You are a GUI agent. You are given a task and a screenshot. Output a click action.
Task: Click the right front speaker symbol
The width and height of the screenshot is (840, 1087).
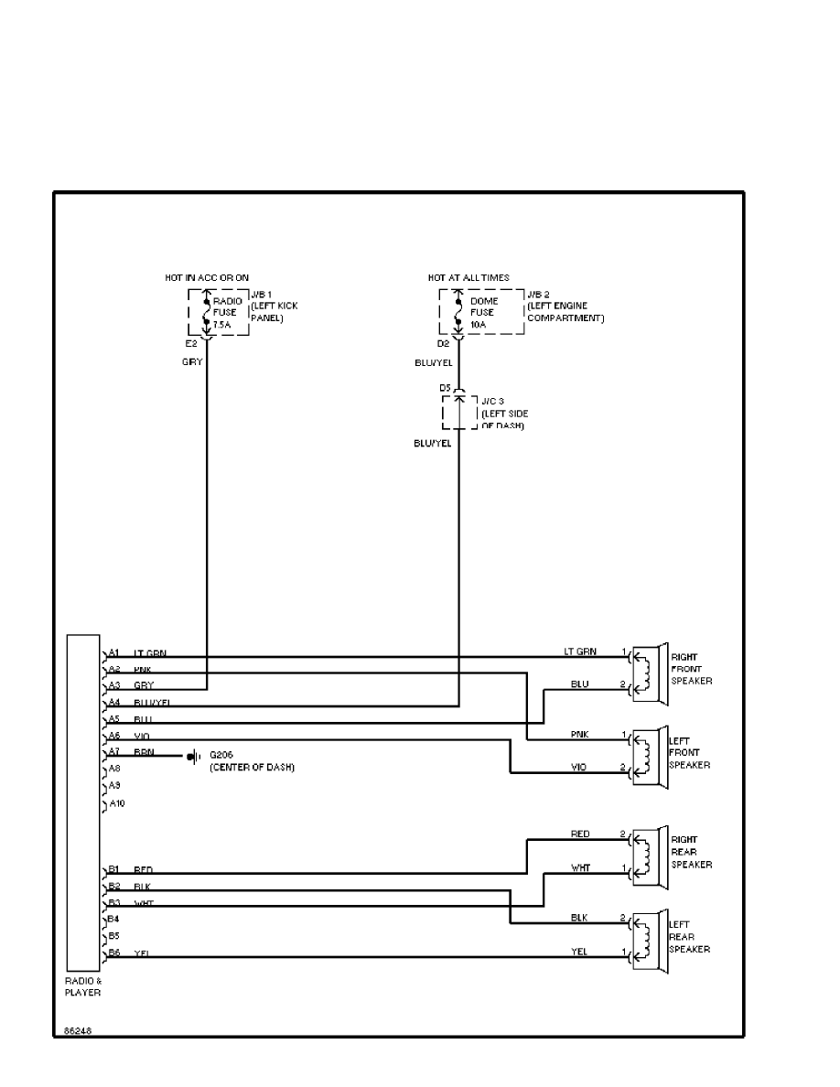tap(649, 671)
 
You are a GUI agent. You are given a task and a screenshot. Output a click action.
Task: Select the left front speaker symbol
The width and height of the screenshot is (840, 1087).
tap(649, 755)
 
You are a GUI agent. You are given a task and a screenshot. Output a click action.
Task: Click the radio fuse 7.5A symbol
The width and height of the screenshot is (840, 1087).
tap(207, 312)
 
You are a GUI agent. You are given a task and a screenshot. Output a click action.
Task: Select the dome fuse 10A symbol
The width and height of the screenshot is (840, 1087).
tap(458, 312)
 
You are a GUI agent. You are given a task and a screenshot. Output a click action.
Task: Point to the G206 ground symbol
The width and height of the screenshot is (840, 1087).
tap(193, 757)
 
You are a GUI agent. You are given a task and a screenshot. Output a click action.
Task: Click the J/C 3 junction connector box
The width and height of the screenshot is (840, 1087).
tap(459, 413)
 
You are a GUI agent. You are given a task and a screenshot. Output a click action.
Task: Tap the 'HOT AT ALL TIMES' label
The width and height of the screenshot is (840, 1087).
tap(468, 277)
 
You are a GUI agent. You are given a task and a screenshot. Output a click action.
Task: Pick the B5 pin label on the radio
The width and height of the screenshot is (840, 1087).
tap(114, 936)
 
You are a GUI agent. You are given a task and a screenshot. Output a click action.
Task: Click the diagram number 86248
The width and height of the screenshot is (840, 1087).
tap(77, 1030)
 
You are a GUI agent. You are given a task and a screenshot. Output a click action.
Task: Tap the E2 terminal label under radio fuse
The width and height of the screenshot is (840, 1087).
tap(191, 345)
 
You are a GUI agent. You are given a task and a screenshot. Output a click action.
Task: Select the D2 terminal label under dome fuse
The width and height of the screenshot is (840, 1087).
tap(443, 345)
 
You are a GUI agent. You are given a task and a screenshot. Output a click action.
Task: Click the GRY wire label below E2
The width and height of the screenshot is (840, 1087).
tap(192, 362)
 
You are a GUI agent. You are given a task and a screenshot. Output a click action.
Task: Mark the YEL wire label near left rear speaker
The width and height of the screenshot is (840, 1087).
tap(580, 952)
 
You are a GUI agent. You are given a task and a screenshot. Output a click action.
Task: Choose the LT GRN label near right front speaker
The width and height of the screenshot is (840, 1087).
tap(580, 651)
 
